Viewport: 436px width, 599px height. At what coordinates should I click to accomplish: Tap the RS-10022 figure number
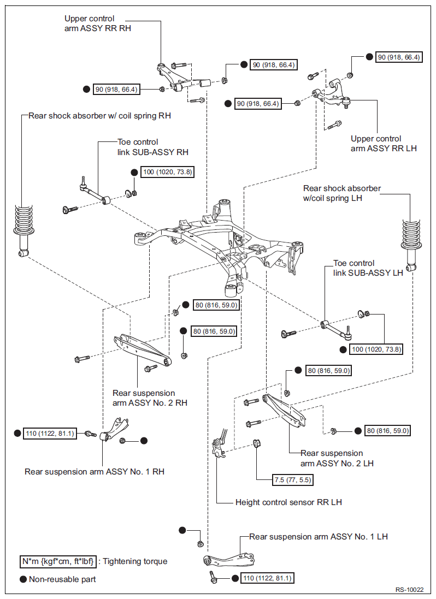tap(410, 590)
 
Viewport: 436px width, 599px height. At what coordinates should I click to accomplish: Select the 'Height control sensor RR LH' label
tap(288, 502)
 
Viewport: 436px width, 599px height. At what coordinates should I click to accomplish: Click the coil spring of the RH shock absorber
tap(23, 219)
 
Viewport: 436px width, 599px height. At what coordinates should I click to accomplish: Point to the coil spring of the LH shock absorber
tap(412, 234)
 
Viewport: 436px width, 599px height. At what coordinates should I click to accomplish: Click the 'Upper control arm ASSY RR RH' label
tap(97, 23)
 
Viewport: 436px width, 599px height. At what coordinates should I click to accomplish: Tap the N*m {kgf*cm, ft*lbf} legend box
tap(58, 561)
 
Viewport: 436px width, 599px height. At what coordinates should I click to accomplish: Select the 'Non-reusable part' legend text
tap(62, 579)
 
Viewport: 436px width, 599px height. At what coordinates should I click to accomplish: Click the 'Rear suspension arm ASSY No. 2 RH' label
tap(150, 398)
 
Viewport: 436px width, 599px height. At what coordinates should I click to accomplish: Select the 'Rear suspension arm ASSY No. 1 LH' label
tap(319, 536)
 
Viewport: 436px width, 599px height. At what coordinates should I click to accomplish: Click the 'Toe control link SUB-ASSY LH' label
tap(368, 268)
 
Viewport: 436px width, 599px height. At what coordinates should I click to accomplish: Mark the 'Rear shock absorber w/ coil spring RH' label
tap(100, 115)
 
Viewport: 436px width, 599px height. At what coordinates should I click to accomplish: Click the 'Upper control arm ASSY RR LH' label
tap(384, 143)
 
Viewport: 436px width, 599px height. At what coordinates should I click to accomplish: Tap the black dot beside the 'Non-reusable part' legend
tap(23, 579)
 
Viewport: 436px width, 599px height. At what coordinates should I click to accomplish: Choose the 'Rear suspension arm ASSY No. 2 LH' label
tap(337, 458)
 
